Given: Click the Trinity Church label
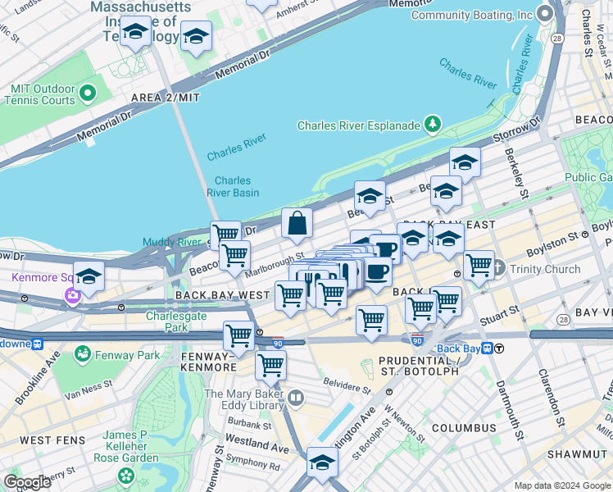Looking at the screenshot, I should [545, 269].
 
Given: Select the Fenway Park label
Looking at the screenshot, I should [125, 355].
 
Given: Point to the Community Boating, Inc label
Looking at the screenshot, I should [471, 15].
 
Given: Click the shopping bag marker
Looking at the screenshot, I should [297, 224].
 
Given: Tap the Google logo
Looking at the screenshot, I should [26, 482].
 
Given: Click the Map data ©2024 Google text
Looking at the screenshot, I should [562, 485].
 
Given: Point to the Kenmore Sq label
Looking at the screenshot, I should [38, 277].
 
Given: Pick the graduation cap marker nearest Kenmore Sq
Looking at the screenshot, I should [89, 276].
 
